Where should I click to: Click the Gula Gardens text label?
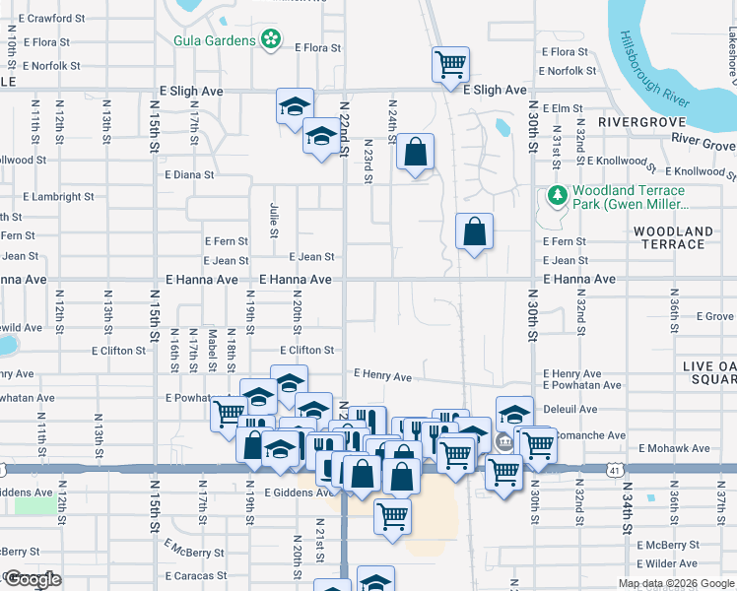tap(214, 40)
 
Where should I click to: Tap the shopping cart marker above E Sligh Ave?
tap(450, 64)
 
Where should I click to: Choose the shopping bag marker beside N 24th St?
tap(415, 153)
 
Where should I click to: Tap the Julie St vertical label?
tap(274, 219)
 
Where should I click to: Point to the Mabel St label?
tap(212, 351)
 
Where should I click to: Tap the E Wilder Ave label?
tap(667, 563)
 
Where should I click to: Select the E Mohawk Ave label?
tap(674, 448)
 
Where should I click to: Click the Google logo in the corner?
tap(33, 579)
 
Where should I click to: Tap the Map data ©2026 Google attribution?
tap(675, 583)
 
